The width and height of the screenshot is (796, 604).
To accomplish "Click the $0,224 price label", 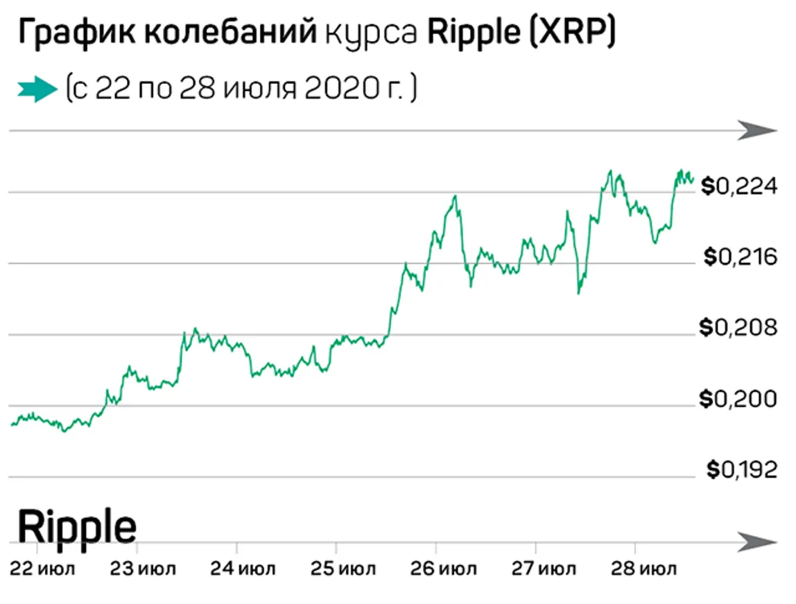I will pyautogui.click(x=738, y=186).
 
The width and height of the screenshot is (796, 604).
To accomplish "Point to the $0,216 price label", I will pyautogui.click(x=740, y=257).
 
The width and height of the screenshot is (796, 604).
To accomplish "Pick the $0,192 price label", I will pyautogui.click(x=741, y=470).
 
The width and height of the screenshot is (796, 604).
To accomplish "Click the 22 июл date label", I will pyautogui.click(x=42, y=569).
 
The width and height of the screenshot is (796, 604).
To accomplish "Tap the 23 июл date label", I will pyautogui.click(x=144, y=569).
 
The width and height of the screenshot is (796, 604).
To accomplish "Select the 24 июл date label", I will pyautogui.click(x=243, y=569).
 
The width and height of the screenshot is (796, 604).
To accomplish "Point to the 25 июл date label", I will pyautogui.click(x=343, y=569).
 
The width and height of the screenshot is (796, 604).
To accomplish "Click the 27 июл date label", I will pyautogui.click(x=543, y=569).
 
